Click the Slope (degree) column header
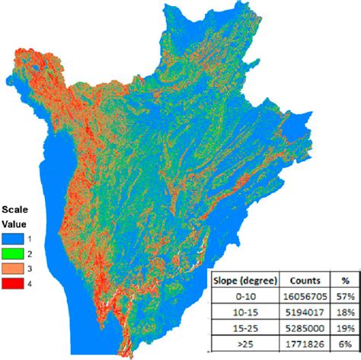244,279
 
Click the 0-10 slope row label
244,295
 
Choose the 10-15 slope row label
244,312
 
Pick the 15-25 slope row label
244,328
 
